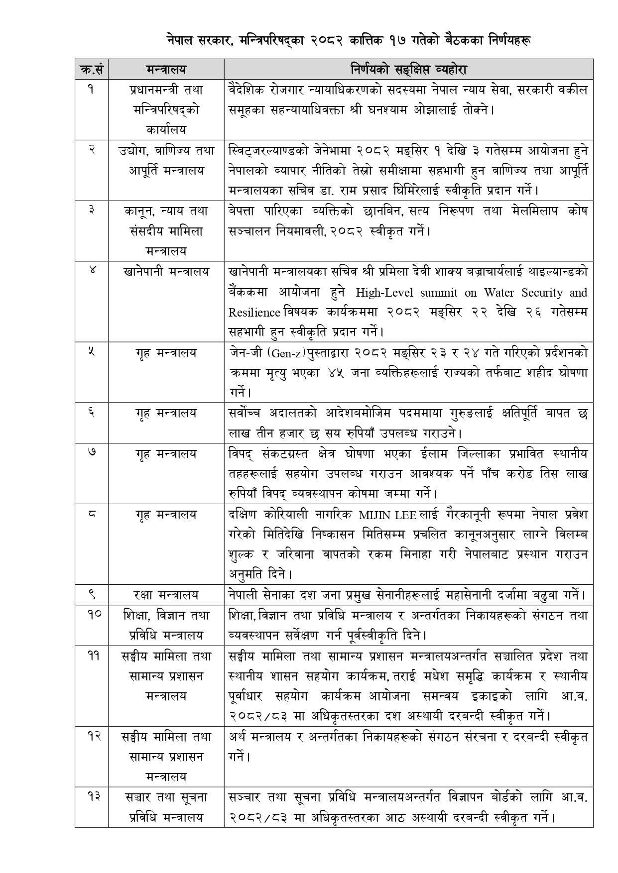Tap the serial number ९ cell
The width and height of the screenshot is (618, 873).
point(91,594)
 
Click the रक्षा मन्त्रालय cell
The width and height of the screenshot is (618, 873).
point(166,594)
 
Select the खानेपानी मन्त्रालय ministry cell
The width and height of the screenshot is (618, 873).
point(166,272)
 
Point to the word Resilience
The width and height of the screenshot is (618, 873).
point(254,313)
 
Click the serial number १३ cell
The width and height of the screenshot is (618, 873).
point(91,797)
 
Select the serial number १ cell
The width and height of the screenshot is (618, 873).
point(91,90)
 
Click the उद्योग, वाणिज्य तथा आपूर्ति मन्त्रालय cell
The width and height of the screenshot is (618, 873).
point(166,160)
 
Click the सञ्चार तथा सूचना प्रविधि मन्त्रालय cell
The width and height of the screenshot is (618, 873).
point(166,807)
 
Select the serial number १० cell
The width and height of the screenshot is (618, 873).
point(91,615)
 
